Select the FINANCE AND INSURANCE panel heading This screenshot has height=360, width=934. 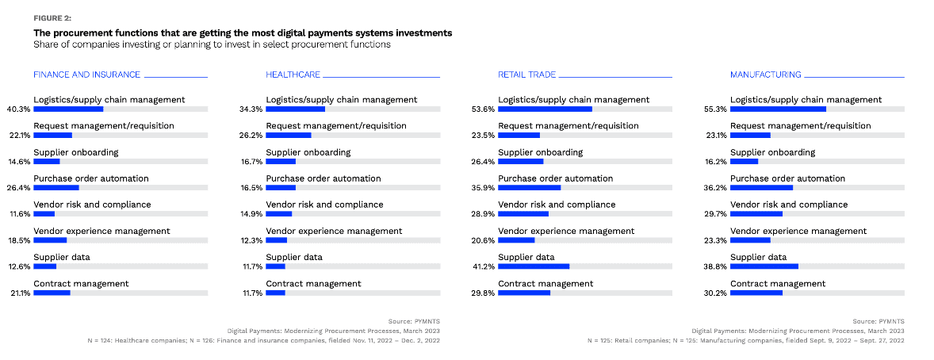(x=86, y=75)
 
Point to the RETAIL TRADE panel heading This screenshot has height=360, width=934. (x=526, y=75)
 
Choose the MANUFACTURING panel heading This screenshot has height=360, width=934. (x=765, y=75)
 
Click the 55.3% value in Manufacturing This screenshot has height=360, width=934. (x=715, y=109)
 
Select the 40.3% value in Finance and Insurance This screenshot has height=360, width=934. (x=18, y=109)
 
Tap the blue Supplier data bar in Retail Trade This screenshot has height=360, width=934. (x=534, y=266)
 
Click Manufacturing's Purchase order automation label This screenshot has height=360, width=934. (x=787, y=178)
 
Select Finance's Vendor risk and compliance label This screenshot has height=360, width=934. (x=92, y=205)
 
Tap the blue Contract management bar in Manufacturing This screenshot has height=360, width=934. (x=756, y=293)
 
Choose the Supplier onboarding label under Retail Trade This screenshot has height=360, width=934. (x=540, y=152)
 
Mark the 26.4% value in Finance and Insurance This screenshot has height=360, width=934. (x=18, y=188)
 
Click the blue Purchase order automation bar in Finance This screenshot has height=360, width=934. (x=56, y=188)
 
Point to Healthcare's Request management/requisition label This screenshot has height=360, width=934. (x=336, y=126)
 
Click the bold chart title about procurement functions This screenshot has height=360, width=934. (x=243, y=33)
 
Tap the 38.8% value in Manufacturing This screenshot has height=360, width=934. (x=715, y=266)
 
